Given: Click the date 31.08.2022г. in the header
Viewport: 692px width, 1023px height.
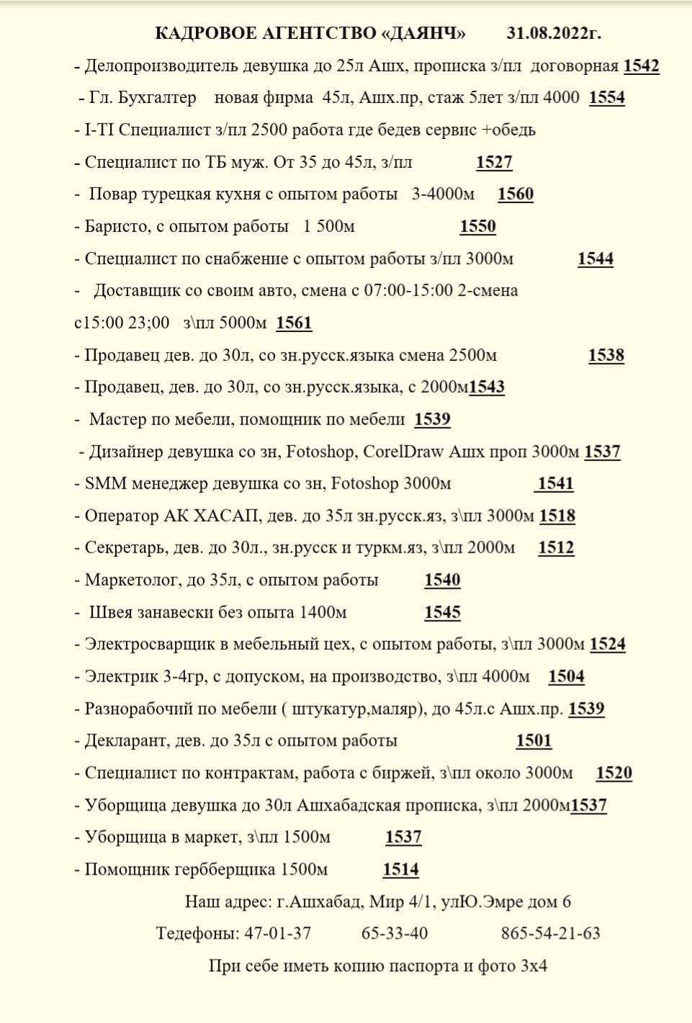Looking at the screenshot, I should coord(554,33).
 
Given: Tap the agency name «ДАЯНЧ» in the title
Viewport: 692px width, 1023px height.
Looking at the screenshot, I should coord(423,33).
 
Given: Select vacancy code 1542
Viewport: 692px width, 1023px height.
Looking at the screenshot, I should coord(641,66).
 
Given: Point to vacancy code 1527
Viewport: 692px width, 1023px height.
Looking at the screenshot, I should coord(494,162).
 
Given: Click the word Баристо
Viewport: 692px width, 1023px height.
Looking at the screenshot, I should coord(117,226).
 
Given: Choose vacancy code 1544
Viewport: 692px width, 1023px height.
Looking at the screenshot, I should coord(596,259).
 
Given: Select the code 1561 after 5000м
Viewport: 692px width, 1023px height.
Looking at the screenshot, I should coord(294,323).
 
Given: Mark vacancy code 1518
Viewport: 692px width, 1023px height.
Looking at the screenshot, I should coord(557,516).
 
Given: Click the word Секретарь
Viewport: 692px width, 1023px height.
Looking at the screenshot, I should coord(125,548).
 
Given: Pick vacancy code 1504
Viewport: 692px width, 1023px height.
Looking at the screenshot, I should coord(566,676).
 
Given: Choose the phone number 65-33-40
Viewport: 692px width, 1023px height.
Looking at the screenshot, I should coord(395,934).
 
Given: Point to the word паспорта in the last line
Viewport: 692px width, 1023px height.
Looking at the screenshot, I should coord(424,966).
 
